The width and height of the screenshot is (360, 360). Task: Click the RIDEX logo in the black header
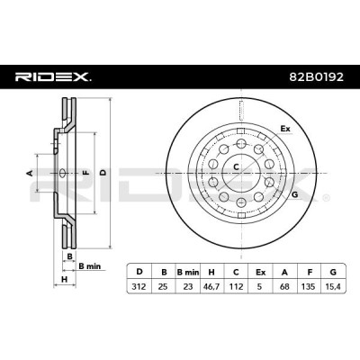click(x=53, y=77)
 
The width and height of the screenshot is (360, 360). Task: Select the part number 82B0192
click(x=316, y=77)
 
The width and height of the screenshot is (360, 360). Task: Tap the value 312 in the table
click(x=139, y=286)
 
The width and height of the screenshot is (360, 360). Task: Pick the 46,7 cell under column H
click(x=211, y=286)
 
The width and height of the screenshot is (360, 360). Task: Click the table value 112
click(x=236, y=286)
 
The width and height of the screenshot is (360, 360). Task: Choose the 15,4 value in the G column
click(x=333, y=286)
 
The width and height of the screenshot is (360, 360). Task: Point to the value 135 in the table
click(x=309, y=286)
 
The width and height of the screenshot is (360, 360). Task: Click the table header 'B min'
click(x=188, y=272)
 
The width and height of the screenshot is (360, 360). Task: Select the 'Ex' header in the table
click(x=260, y=272)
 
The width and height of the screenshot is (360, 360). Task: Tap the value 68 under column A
click(x=284, y=286)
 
